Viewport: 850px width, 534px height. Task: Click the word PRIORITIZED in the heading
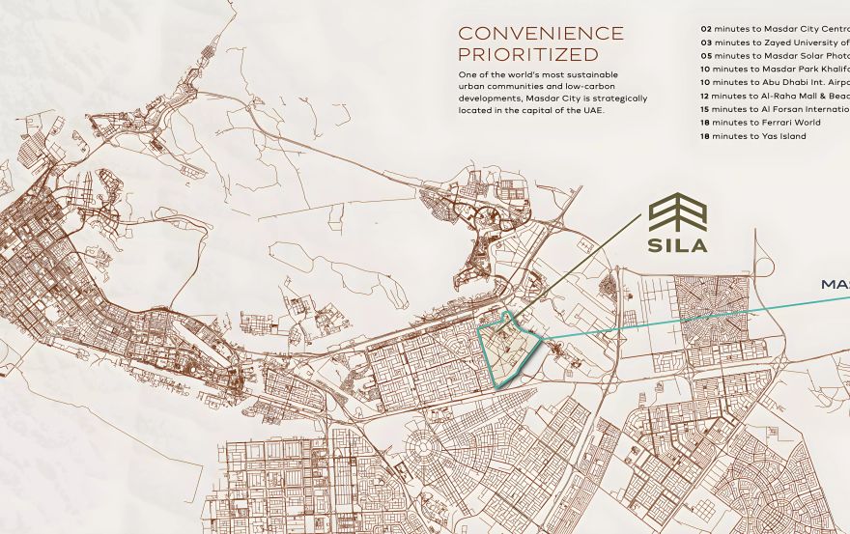pos(527,55)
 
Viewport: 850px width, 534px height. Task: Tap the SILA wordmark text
pos(677,245)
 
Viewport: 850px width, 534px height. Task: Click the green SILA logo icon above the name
pos(677,212)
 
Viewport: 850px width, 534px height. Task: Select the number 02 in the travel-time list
pos(706,29)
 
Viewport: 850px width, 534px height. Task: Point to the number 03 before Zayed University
pos(706,42)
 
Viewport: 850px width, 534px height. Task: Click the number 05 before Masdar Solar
pos(706,56)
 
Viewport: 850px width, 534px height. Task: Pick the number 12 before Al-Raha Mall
pos(706,97)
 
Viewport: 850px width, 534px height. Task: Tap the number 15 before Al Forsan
pos(706,110)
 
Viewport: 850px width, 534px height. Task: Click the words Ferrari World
pos(793,124)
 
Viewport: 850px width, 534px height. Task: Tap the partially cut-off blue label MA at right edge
pos(835,285)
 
